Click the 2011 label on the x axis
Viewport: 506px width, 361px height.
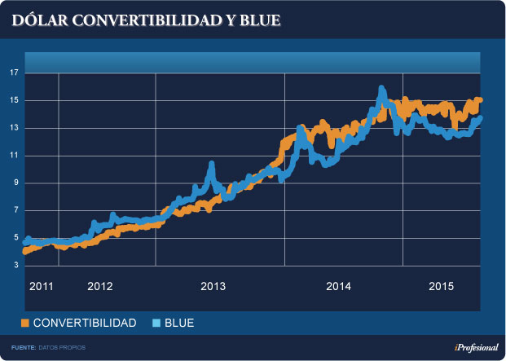pyautogui.click(x=41, y=286)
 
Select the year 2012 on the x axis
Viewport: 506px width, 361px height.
pyautogui.click(x=99, y=286)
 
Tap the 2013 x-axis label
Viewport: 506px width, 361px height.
pyautogui.click(x=213, y=286)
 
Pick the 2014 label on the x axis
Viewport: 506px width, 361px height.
pyautogui.click(x=338, y=286)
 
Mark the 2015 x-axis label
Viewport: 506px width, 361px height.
pyautogui.click(x=441, y=286)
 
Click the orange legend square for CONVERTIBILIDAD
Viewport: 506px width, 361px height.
pyautogui.click(x=24, y=324)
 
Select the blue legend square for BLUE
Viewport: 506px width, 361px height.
pyautogui.click(x=156, y=324)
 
